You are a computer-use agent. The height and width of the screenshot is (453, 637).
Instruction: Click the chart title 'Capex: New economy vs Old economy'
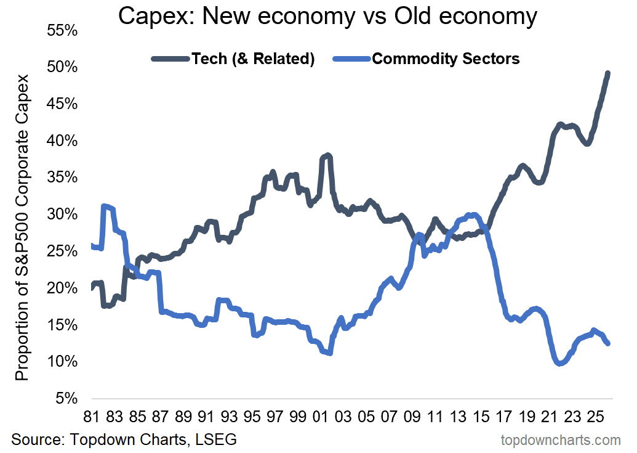coord(327,17)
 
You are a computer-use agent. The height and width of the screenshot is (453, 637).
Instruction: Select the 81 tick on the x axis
coord(91,417)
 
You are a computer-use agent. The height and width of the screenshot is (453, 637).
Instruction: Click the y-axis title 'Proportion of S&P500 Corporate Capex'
coord(23,227)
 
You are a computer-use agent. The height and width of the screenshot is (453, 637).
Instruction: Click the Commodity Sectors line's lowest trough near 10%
coord(559,364)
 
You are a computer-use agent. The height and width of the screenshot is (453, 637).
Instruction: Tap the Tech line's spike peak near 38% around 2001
coord(327,155)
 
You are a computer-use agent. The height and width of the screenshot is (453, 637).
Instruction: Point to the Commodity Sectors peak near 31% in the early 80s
coord(105,206)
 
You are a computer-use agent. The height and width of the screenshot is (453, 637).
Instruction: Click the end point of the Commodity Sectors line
coord(608,343)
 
